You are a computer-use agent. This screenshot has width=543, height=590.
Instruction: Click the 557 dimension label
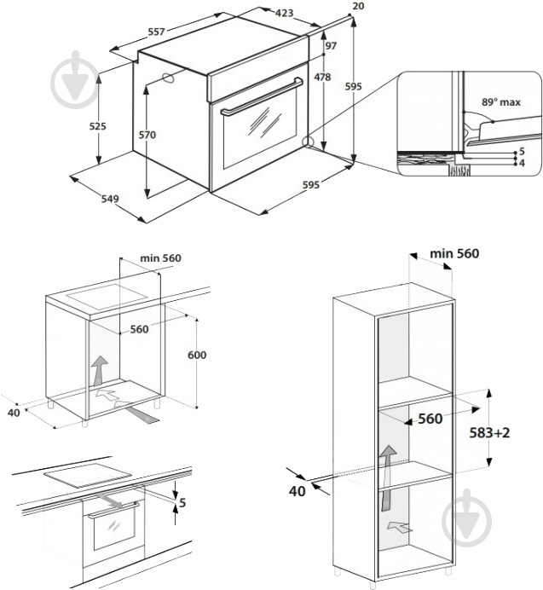[156, 32]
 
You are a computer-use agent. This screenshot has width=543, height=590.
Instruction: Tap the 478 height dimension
[321, 78]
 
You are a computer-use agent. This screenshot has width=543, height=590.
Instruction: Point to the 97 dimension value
[330, 45]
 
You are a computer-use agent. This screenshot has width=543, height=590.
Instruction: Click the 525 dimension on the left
[98, 126]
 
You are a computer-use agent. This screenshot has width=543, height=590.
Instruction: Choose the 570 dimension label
[148, 135]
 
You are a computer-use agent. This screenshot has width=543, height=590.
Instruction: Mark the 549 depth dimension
[109, 200]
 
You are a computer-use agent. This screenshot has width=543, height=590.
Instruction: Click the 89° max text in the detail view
[500, 101]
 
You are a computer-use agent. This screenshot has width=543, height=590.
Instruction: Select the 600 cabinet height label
[197, 355]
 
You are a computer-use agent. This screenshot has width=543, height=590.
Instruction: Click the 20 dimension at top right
[358, 6]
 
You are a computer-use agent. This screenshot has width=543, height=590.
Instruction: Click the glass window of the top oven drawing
[260, 135]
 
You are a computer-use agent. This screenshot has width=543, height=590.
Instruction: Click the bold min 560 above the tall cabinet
[454, 253]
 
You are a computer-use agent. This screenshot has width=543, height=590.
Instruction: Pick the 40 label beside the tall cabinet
[297, 491]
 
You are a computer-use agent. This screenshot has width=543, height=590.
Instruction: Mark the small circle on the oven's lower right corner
[307, 142]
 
